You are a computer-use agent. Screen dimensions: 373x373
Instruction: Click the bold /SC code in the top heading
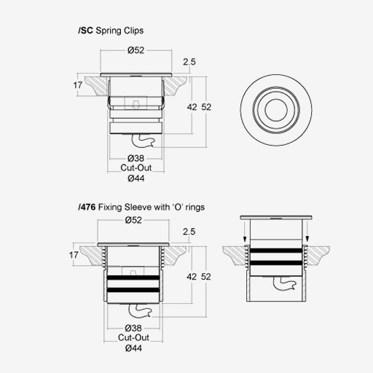tap(85, 31)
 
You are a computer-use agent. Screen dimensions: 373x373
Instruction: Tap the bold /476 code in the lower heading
tap(87, 207)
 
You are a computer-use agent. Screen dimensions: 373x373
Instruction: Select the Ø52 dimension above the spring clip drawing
tap(136, 50)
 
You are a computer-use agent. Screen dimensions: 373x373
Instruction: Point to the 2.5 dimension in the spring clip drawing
tap(189, 62)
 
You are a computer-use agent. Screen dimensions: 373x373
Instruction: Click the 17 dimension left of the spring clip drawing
tap(78, 85)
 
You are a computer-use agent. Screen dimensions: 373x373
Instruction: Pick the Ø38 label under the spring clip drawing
tap(136, 158)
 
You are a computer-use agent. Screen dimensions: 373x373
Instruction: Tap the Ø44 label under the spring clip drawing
tap(136, 178)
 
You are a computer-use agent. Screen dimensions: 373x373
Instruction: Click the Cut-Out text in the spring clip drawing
tap(136, 168)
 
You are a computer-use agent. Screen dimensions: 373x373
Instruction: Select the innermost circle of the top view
tap(276, 98)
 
